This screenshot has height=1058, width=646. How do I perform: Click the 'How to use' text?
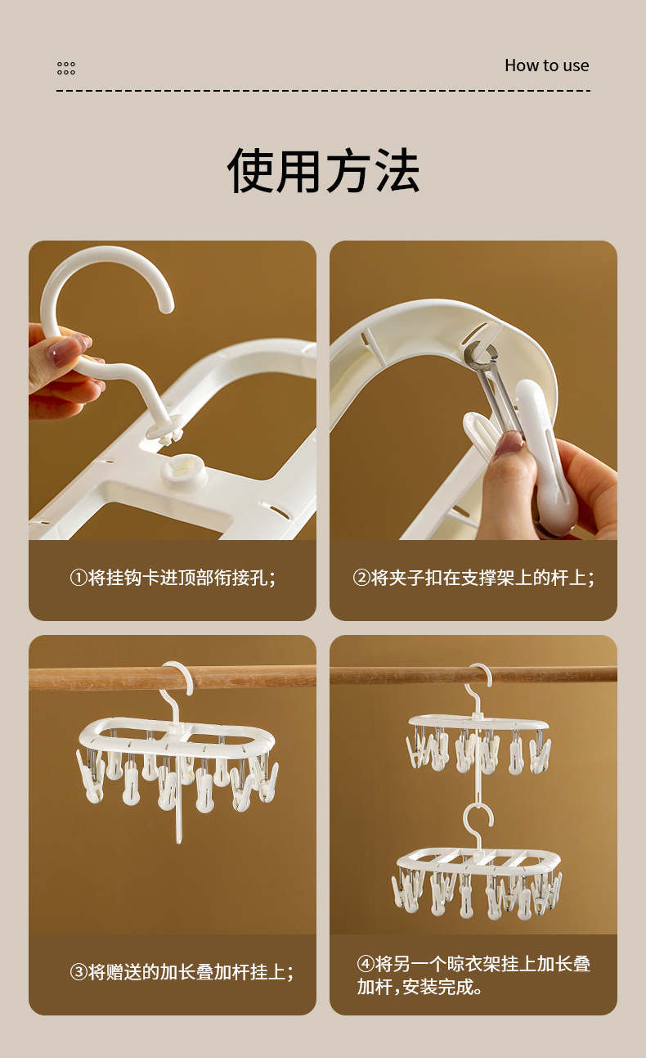coord(546,65)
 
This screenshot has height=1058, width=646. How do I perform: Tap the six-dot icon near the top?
coord(66,68)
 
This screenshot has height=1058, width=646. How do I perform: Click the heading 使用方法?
coord(323,170)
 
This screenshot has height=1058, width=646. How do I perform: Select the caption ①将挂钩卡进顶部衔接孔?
coord(173,578)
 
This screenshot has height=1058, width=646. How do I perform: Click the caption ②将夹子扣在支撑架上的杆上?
coord(473,578)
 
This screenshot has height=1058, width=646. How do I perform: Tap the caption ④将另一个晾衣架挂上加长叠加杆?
coord(473,975)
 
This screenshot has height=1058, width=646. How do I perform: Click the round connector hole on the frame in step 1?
coord(184,470)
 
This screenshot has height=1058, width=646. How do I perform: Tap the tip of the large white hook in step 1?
coord(167,306)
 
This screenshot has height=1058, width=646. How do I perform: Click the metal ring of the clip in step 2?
coord(480,351)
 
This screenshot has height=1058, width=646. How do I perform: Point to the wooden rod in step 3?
coord(173,678)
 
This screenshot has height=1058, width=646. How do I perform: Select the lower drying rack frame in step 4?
coord(479,858)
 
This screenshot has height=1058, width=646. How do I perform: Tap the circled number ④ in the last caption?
coord(366,964)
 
